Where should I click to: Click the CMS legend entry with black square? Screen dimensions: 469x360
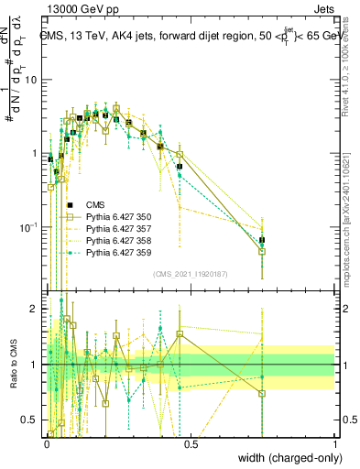94,204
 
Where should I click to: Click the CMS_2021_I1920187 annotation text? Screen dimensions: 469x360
191,274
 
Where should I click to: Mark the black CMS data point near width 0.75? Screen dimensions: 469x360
262,240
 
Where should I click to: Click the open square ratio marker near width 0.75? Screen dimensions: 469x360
262,394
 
